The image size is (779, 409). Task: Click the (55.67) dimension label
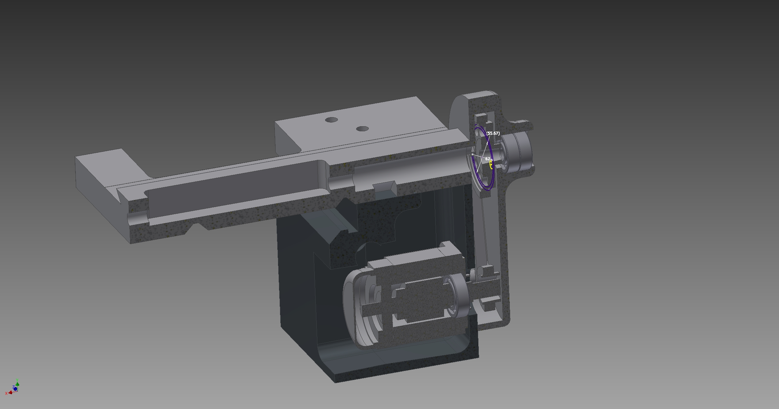[493, 133]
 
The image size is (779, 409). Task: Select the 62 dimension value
[488, 159]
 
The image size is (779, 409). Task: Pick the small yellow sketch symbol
[491, 164]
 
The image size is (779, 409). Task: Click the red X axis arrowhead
[11, 391]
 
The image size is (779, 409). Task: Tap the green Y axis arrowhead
[17, 384]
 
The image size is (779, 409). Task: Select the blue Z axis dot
[15, 389]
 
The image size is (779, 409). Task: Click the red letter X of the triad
[6, 393]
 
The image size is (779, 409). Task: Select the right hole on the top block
[362, 129]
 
